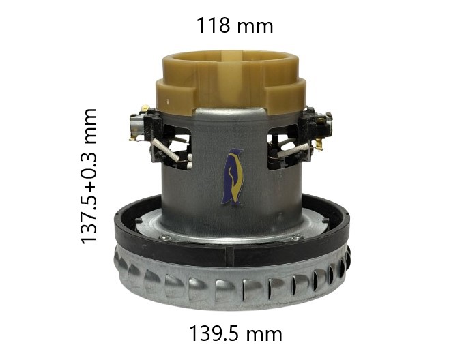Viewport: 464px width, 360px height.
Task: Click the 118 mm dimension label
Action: [x=235, y=25]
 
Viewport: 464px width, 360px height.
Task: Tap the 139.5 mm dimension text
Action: [x=235, y=333]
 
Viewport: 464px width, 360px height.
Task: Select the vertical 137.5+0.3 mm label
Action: [x=89, y=177]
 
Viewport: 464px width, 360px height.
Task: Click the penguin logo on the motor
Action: [x=233, y=177]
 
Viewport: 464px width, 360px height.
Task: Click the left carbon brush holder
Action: [x=147, y=124]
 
